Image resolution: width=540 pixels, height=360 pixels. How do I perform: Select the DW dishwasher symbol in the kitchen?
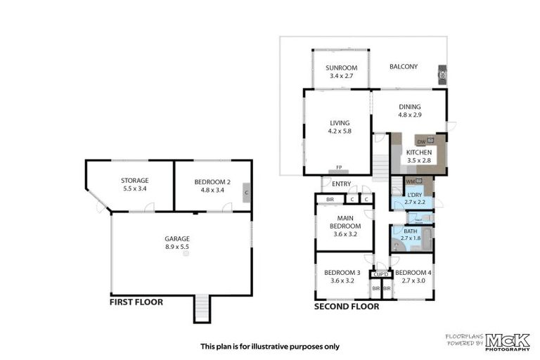[421, 141]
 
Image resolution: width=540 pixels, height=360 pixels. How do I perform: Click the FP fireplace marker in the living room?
[338, 168]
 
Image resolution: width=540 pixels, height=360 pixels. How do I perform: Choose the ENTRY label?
[342, 184]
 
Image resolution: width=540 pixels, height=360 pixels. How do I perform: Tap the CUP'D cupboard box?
[380, 274]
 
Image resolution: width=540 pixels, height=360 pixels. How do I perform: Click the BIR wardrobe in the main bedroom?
[330, 200]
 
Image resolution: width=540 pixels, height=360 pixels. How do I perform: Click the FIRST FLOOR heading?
[136, 302]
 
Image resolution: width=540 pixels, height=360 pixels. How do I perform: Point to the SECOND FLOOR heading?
[346, 307]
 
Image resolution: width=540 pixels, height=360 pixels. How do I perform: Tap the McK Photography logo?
[506, 341]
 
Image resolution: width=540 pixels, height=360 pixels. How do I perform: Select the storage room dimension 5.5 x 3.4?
[135, 188]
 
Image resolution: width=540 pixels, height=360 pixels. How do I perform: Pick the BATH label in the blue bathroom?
[410, 231]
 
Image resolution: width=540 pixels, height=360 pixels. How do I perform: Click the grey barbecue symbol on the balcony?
[442, 75]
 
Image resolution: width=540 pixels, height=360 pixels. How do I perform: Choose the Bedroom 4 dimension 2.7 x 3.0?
[412, 281]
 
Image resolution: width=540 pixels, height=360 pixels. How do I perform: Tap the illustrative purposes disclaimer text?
[269, 346]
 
